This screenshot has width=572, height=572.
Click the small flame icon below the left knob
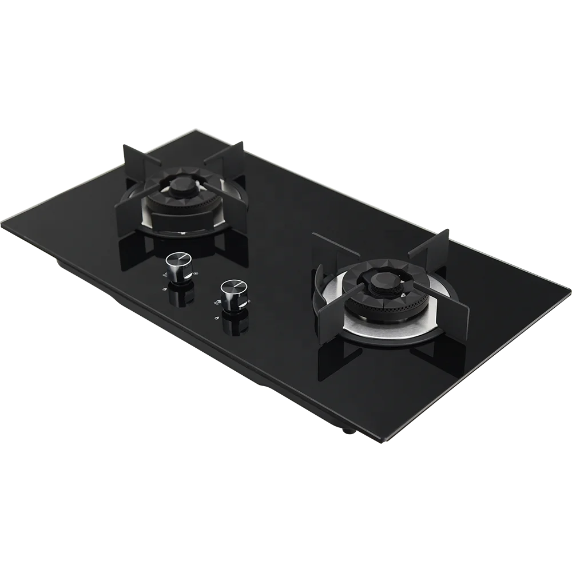165,276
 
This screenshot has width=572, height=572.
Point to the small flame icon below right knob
216,302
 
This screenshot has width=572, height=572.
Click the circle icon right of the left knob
196,273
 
